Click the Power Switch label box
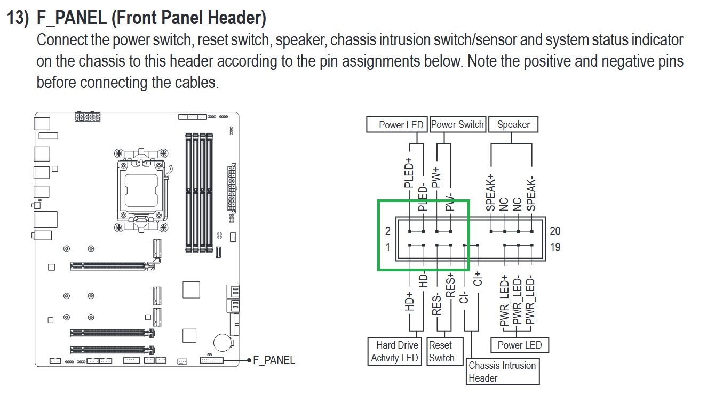coord(458,125)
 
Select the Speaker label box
coord(513,125)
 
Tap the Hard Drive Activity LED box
coord(394,352)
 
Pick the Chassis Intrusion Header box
coord(502,372)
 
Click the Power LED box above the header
coord(401,125)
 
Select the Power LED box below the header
coord(519,345)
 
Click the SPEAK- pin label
coord(531,193)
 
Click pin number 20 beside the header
coord(555,231)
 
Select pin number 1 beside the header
coord(388,247)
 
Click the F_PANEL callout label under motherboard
coord(274,360)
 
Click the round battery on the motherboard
coord(221,342)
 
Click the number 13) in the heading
coord(18,18)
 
